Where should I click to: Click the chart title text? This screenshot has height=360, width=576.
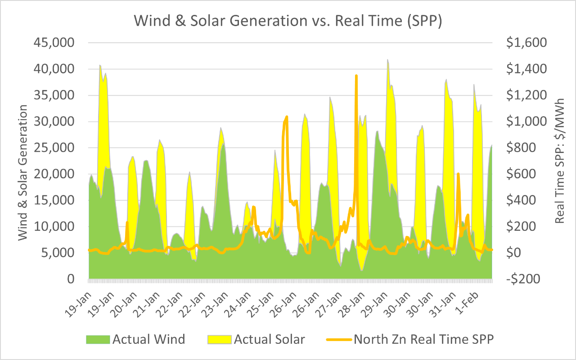coord(288,21)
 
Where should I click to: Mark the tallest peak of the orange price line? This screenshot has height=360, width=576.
coord(356,76)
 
